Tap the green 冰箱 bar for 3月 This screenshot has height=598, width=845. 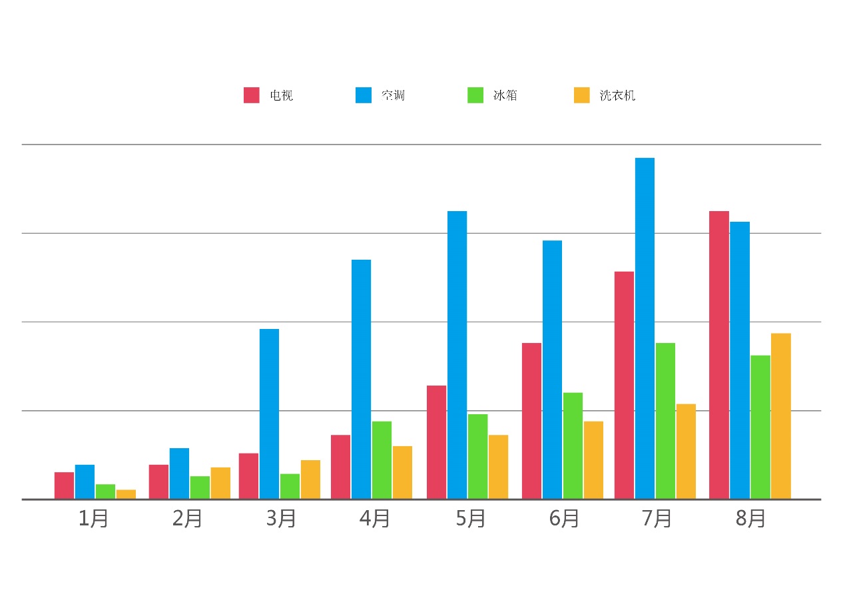coord(290,486)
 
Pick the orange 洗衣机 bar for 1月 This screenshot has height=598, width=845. coord(126,494)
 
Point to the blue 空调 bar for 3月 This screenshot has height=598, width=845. coord(269,414)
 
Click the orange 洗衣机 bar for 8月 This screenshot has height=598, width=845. coord(781,416)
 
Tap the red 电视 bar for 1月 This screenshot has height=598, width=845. coord(64,485)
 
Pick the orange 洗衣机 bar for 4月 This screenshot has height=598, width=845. coord(402,472)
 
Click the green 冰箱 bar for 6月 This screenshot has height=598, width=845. coord(573,446)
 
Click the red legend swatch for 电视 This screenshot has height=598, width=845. coord(251,95)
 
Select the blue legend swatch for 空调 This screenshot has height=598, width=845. coord(363,95)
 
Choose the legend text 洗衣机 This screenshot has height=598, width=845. coord(617,95)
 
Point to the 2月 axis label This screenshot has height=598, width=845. coord(187,518)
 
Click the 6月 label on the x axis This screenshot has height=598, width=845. coord(564,518)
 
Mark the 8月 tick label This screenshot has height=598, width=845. coord(750,518)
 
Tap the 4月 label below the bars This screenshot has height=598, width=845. coord(375,518)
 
